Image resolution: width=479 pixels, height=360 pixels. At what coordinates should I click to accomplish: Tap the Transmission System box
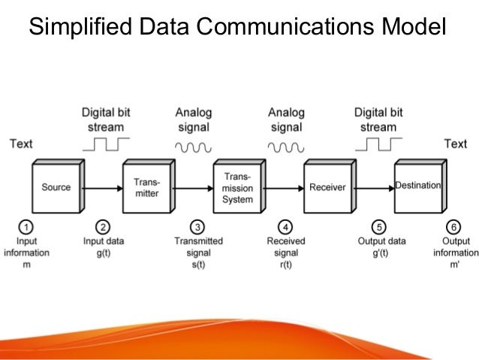click(x=236, y=188)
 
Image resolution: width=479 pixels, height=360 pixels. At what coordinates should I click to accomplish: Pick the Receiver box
click(x=327, y=187)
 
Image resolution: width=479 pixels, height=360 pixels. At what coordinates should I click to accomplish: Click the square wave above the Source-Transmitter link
click(x=106, y=144)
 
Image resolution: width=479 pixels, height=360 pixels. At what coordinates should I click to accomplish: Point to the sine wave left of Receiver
click(x=286, y=147)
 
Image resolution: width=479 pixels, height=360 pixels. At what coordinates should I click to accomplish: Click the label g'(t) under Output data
click(x=381, y=253)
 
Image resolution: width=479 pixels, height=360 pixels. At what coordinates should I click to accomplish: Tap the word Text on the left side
click(x=21, y=144)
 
